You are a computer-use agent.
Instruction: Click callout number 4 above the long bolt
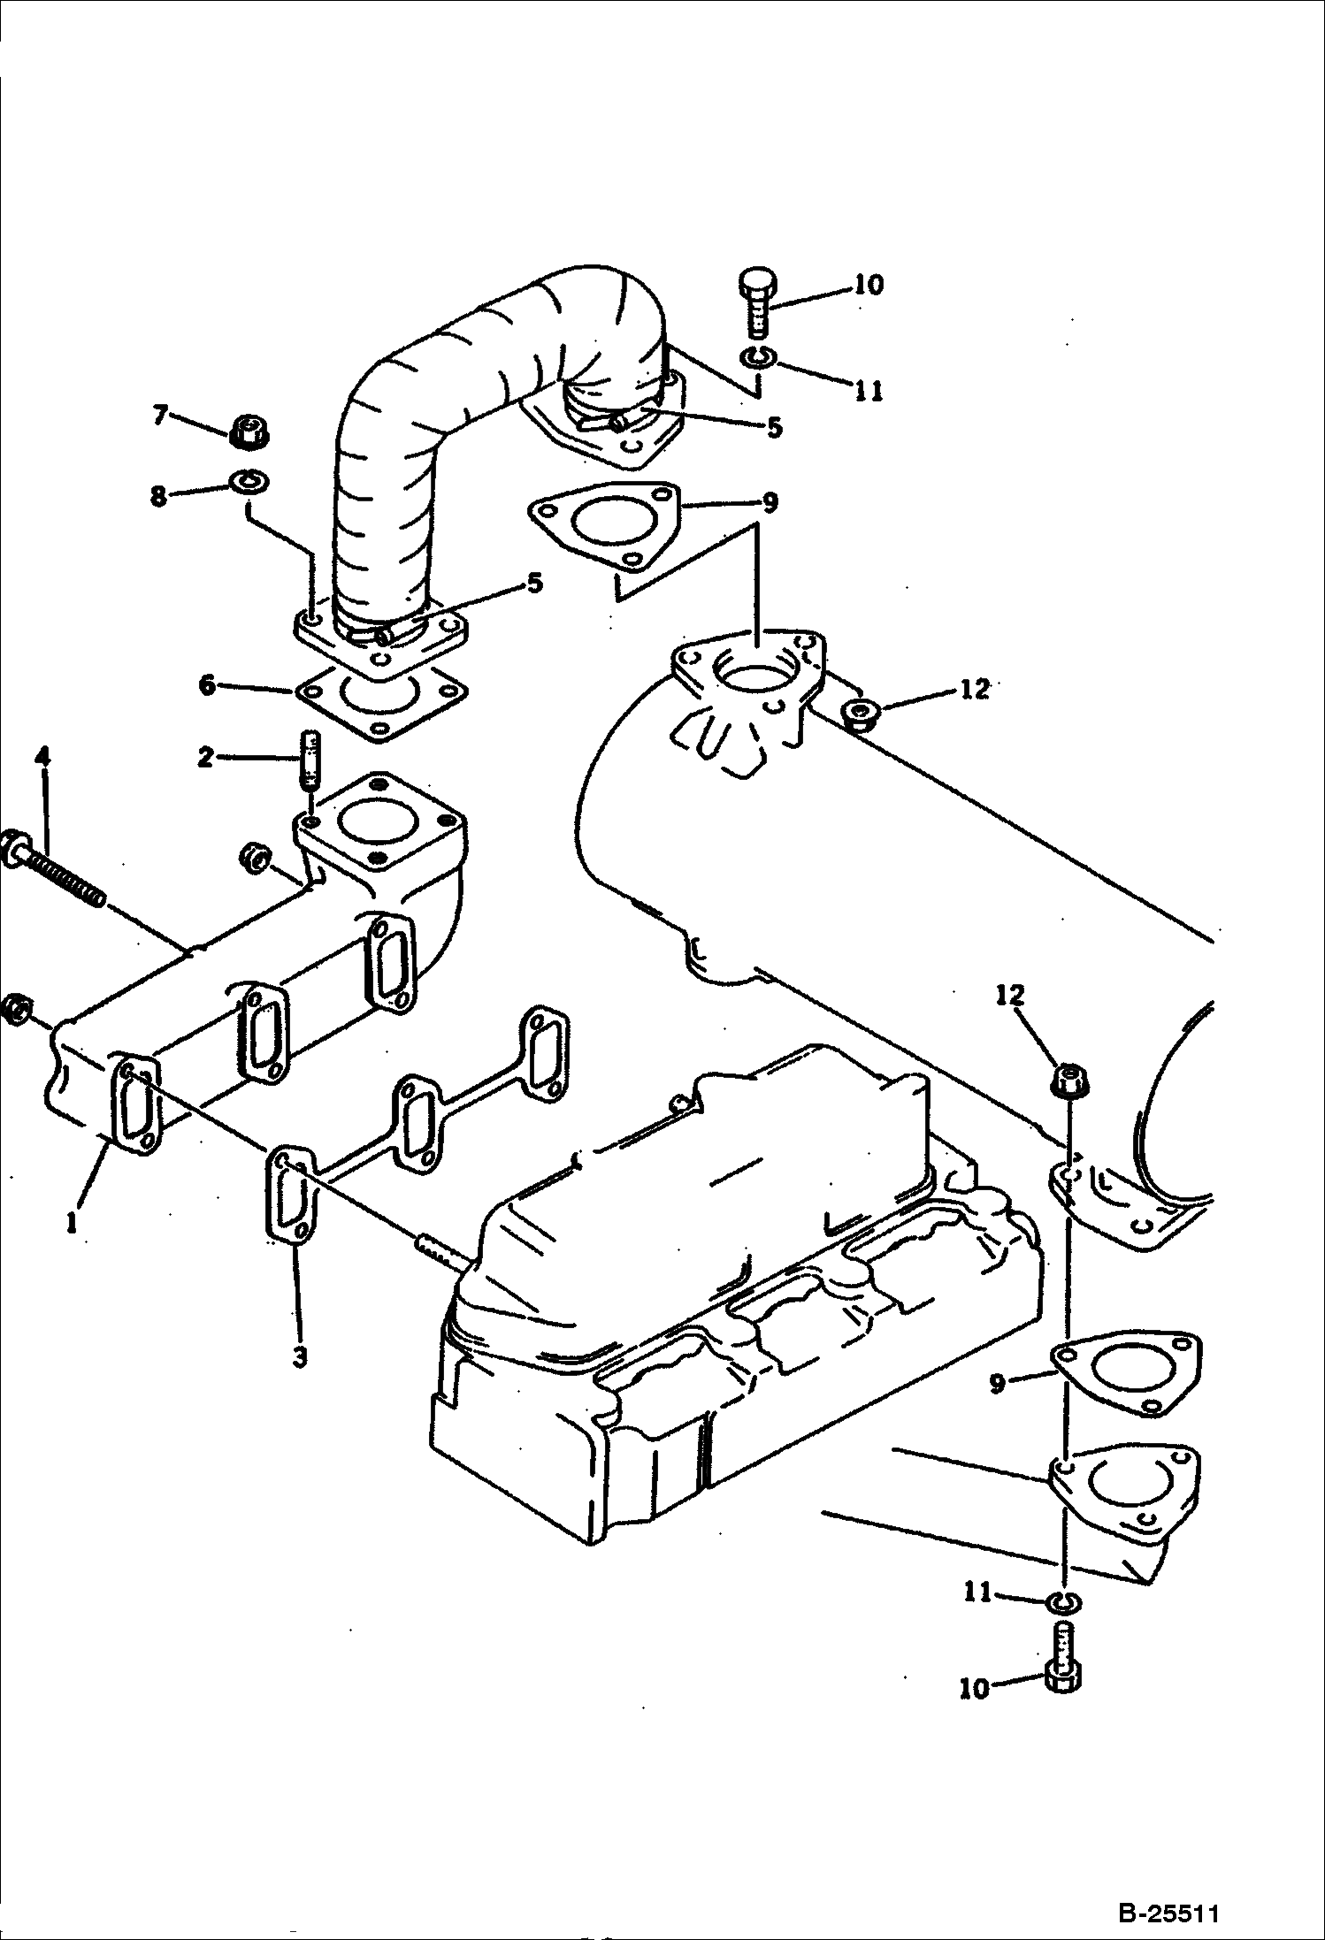point(42,758)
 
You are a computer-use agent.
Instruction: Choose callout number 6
point(206,685)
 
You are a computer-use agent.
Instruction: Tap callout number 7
point(160,415)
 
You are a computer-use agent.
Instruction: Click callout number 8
point(158,497)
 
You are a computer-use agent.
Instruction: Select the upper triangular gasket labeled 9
point(605,529)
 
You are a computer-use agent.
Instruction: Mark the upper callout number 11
point(869,390)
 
